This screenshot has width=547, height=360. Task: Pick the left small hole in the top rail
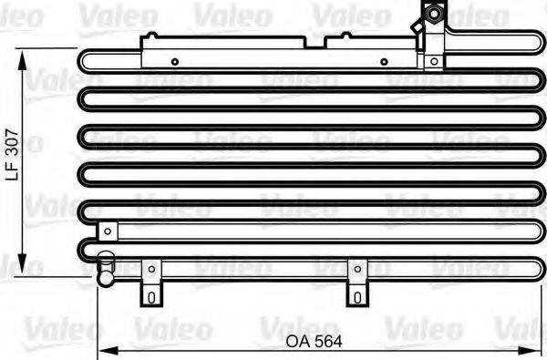point(175,62)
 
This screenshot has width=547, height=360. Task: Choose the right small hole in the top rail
point(384,62)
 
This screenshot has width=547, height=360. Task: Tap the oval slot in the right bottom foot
point(356,295)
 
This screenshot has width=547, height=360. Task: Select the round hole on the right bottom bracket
point(356,268)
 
